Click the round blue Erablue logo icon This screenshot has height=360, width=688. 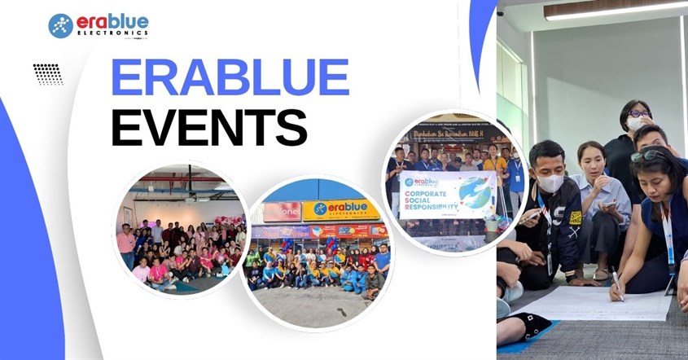(61, 26)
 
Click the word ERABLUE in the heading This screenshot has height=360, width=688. (230, 78)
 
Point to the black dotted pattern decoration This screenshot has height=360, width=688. (48, 74)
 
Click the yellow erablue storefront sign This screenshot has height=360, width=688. (341, 210)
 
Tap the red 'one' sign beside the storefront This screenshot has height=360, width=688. (282, 212)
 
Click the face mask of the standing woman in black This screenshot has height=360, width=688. (635, 124)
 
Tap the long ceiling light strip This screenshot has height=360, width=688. (615, 10)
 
